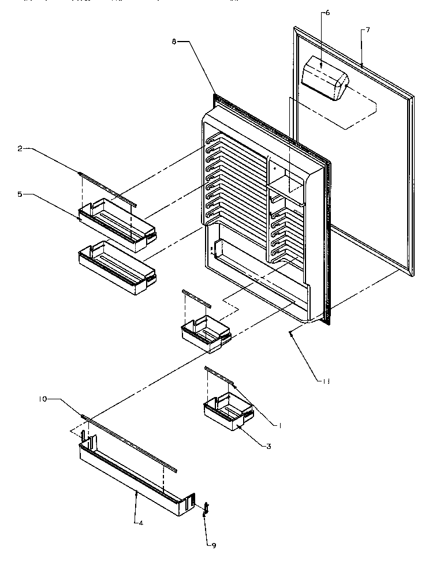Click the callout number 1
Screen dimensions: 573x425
tap(279, 425)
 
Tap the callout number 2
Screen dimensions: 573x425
tap(20, 149)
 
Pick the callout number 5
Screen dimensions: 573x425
tap(20, 195)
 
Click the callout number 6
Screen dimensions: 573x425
tap(327, 13)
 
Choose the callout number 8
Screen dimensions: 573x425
tap(174, 41)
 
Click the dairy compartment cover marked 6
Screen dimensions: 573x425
tap(325, 80)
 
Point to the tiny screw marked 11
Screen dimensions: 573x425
tap(291, 332)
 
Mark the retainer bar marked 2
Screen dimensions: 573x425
tap(107, 187)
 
